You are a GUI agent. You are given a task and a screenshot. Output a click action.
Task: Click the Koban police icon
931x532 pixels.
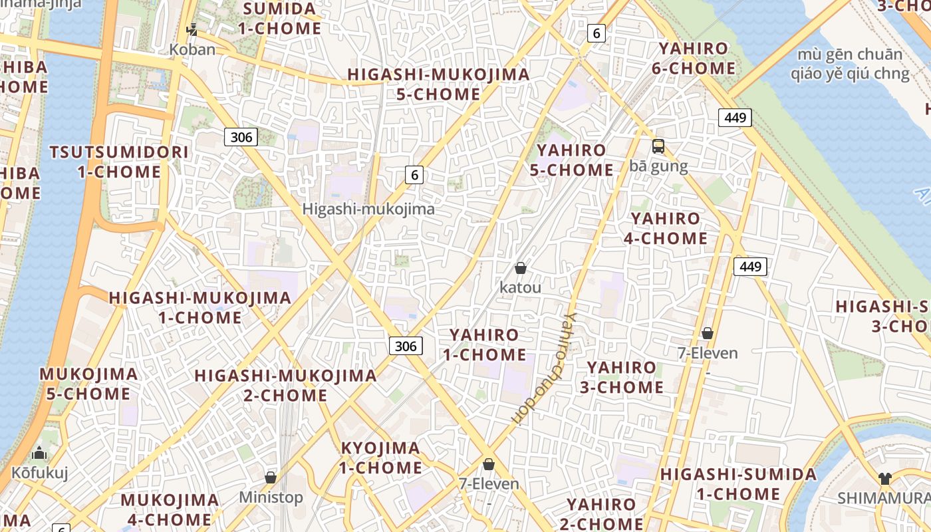point(192,30)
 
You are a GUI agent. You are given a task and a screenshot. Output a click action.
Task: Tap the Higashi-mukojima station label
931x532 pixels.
point(368,209)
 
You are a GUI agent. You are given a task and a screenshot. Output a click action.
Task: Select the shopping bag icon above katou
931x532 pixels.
point(521,268)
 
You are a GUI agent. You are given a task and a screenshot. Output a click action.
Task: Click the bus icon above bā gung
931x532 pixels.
point(658,146)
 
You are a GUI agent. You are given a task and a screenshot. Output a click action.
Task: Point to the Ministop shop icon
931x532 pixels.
point(271,477)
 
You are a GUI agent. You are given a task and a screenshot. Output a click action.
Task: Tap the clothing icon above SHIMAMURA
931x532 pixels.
point(884,478)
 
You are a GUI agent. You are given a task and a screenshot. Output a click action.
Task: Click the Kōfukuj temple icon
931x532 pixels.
point(39,454)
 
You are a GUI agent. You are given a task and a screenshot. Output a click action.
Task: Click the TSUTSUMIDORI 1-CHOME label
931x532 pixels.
point(119,162)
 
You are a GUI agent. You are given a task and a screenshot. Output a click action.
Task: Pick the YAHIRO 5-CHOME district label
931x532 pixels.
point(571,160)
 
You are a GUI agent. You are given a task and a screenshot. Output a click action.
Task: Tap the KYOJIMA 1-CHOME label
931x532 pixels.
point(380,458)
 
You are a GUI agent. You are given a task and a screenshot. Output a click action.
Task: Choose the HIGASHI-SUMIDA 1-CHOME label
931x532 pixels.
point(738,484)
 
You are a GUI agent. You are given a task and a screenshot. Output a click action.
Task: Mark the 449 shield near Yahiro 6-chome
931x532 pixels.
point(735,118)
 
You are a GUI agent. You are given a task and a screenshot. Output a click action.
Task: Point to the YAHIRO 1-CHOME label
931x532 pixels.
point(484,344)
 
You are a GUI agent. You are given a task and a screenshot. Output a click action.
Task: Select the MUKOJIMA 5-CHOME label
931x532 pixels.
point(88,384)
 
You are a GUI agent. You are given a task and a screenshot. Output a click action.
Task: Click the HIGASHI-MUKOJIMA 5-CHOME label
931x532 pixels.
point(438,84)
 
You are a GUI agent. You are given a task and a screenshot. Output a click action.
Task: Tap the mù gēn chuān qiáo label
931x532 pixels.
point(850,63)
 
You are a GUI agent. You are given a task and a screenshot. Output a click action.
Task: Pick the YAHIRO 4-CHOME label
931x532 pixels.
point(666,228)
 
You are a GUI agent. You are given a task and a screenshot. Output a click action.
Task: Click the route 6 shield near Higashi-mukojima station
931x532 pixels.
point(414,175)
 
